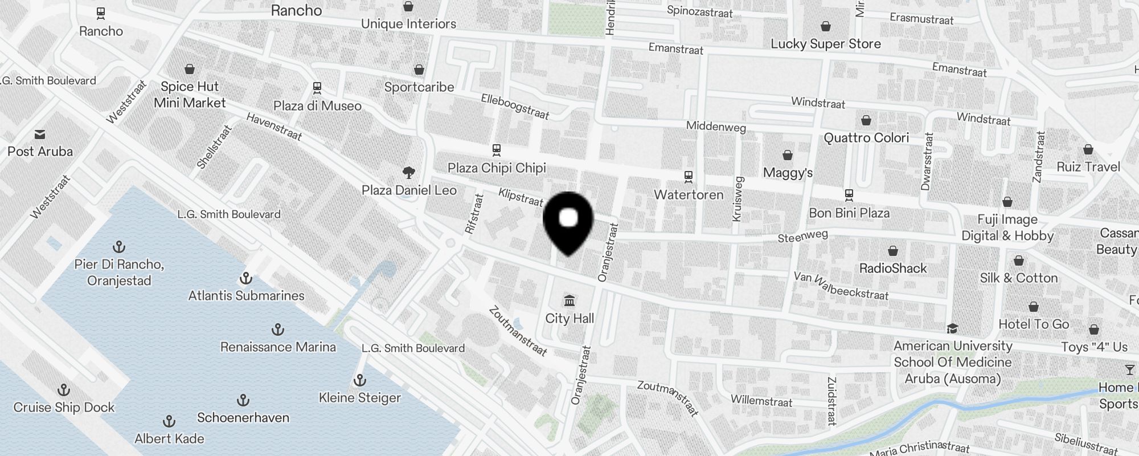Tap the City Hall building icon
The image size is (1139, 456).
click(x=569, y=300)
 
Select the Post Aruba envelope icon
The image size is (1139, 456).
click(x=40, y=135)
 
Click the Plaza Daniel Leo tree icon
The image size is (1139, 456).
click(x=408, y=172)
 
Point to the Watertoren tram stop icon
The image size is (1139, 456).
click(x=689, y=177)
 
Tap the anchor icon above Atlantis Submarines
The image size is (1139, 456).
click(x=246, y=278)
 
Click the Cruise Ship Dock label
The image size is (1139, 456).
click(x=64, y=407)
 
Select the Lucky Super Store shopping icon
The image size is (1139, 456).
click(x=825, y=26)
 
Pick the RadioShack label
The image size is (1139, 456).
click(x=892, y=268)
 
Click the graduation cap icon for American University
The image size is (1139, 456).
click(x=952, y=328)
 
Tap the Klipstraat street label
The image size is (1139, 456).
click(x=521, y=197)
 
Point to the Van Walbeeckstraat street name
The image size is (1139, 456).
click(x=841, y=286)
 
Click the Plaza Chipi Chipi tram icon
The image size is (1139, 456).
click(x=496, y=150)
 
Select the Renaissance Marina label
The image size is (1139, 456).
click(x=278, y=347)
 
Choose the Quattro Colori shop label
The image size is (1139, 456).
click(x=866, y=137)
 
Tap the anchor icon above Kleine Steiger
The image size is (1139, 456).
click(x=360, y=380)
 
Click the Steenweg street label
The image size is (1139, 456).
click(x=802, y=236)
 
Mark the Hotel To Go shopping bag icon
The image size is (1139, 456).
click(x=1034, y=307)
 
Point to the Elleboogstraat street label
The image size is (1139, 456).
click(x=515, y=107)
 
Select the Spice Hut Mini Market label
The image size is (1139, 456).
click(x=190, y=95)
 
